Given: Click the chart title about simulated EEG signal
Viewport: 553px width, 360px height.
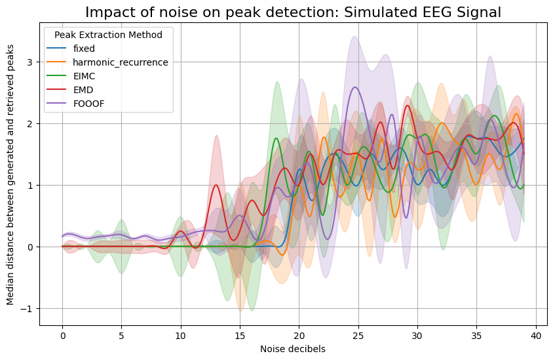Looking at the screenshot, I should [293, 12].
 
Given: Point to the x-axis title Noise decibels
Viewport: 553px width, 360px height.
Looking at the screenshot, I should [293, 349].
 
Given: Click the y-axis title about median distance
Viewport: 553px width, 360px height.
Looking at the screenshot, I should [10, 179].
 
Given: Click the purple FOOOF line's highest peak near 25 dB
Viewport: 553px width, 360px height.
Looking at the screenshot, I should [355, 87].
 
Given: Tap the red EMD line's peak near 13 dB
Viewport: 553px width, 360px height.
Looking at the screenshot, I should [216, 185].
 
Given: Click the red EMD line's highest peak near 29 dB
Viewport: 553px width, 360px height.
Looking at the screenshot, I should [407, 106].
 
